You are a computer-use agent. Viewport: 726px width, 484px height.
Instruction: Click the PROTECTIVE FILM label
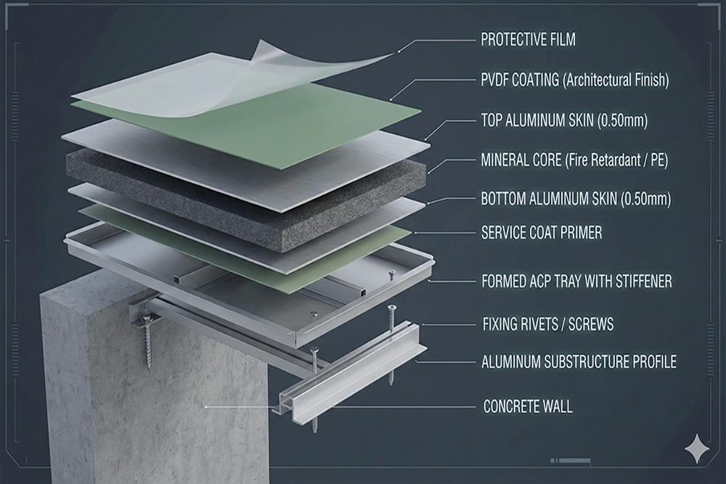point(528,40)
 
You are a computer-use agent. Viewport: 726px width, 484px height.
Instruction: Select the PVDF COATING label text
point(575,81)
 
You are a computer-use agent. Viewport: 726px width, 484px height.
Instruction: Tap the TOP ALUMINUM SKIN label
point(564,120)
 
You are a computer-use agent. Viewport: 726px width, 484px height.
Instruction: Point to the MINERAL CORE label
point(574,160)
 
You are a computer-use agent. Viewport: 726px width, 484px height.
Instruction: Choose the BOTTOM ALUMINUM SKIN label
point(576,199)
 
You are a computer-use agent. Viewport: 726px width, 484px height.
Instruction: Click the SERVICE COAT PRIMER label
point(542,232)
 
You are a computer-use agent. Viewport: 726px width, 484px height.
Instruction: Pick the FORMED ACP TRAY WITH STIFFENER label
point(577,282)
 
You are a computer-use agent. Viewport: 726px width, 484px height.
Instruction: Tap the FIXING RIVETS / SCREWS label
point(548,324)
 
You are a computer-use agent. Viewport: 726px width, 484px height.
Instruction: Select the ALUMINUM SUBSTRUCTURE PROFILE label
point(579,362)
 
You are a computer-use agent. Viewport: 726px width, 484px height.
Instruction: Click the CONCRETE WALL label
point(528,407)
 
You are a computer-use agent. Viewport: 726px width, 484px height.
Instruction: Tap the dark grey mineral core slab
point(245,200)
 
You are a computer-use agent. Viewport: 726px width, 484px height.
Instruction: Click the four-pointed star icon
point(697,448)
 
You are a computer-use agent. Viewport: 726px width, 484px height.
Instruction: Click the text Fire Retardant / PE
point(616,160)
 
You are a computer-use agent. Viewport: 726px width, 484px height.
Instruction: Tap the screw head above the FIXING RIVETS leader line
point(392,307)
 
